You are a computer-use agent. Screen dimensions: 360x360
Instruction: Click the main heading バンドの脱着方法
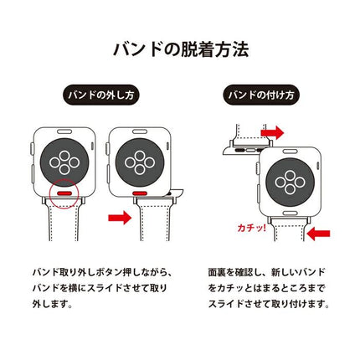tap(180, 49)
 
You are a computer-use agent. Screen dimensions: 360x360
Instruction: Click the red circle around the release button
tap(64, 192)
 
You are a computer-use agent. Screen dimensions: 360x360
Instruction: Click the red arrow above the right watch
tap(272, 132)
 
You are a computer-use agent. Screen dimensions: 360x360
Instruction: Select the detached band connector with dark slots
tap(236, 152)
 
